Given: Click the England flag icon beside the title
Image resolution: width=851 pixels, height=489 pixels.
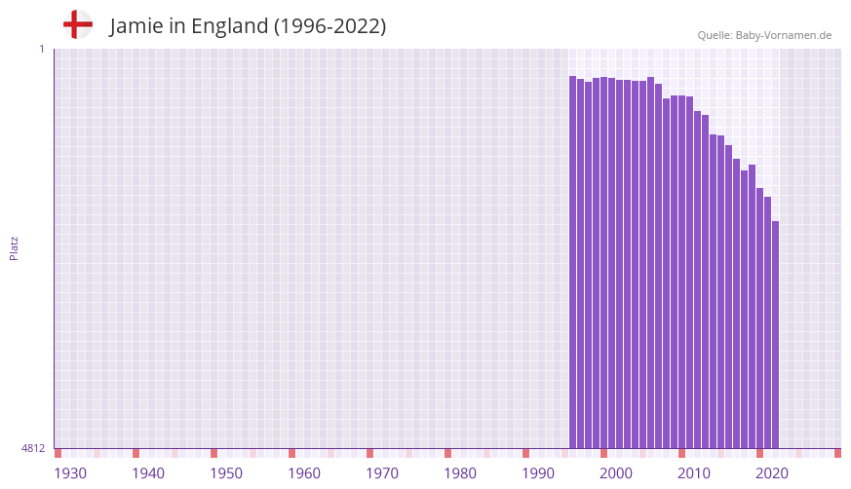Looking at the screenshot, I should point(78,25).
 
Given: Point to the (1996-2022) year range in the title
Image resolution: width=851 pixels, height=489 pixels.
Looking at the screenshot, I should point(329,26).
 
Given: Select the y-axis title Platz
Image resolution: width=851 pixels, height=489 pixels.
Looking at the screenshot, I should point(14,247).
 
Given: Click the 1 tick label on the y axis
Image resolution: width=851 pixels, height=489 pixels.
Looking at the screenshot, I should point(41,49).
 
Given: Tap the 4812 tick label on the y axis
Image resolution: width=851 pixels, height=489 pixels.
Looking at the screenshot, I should point(33,449).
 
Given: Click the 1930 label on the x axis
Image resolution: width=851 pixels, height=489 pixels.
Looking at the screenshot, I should point(70,473).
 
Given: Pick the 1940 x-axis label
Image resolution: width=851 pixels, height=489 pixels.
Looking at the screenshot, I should point(148,473).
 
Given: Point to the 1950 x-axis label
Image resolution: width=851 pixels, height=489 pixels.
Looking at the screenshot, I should point(226,473).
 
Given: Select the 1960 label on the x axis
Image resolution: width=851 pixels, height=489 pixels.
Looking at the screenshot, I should point(304,473).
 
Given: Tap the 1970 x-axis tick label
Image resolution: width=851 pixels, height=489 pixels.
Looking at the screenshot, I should point(382,473).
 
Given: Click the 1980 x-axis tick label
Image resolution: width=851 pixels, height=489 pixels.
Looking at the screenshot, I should point(460,473).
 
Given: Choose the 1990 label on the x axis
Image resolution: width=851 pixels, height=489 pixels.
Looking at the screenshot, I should point(538,473).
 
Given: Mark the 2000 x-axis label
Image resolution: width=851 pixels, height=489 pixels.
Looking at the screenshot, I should point(616,473).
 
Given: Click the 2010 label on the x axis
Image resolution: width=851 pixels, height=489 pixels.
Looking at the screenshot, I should point(694,473).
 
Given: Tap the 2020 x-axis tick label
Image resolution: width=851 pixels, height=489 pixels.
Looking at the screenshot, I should point(772,473).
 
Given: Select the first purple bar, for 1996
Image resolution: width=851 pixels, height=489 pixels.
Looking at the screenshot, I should point(573,263).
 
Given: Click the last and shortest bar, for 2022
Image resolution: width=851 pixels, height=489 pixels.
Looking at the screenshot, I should point(775,335).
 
